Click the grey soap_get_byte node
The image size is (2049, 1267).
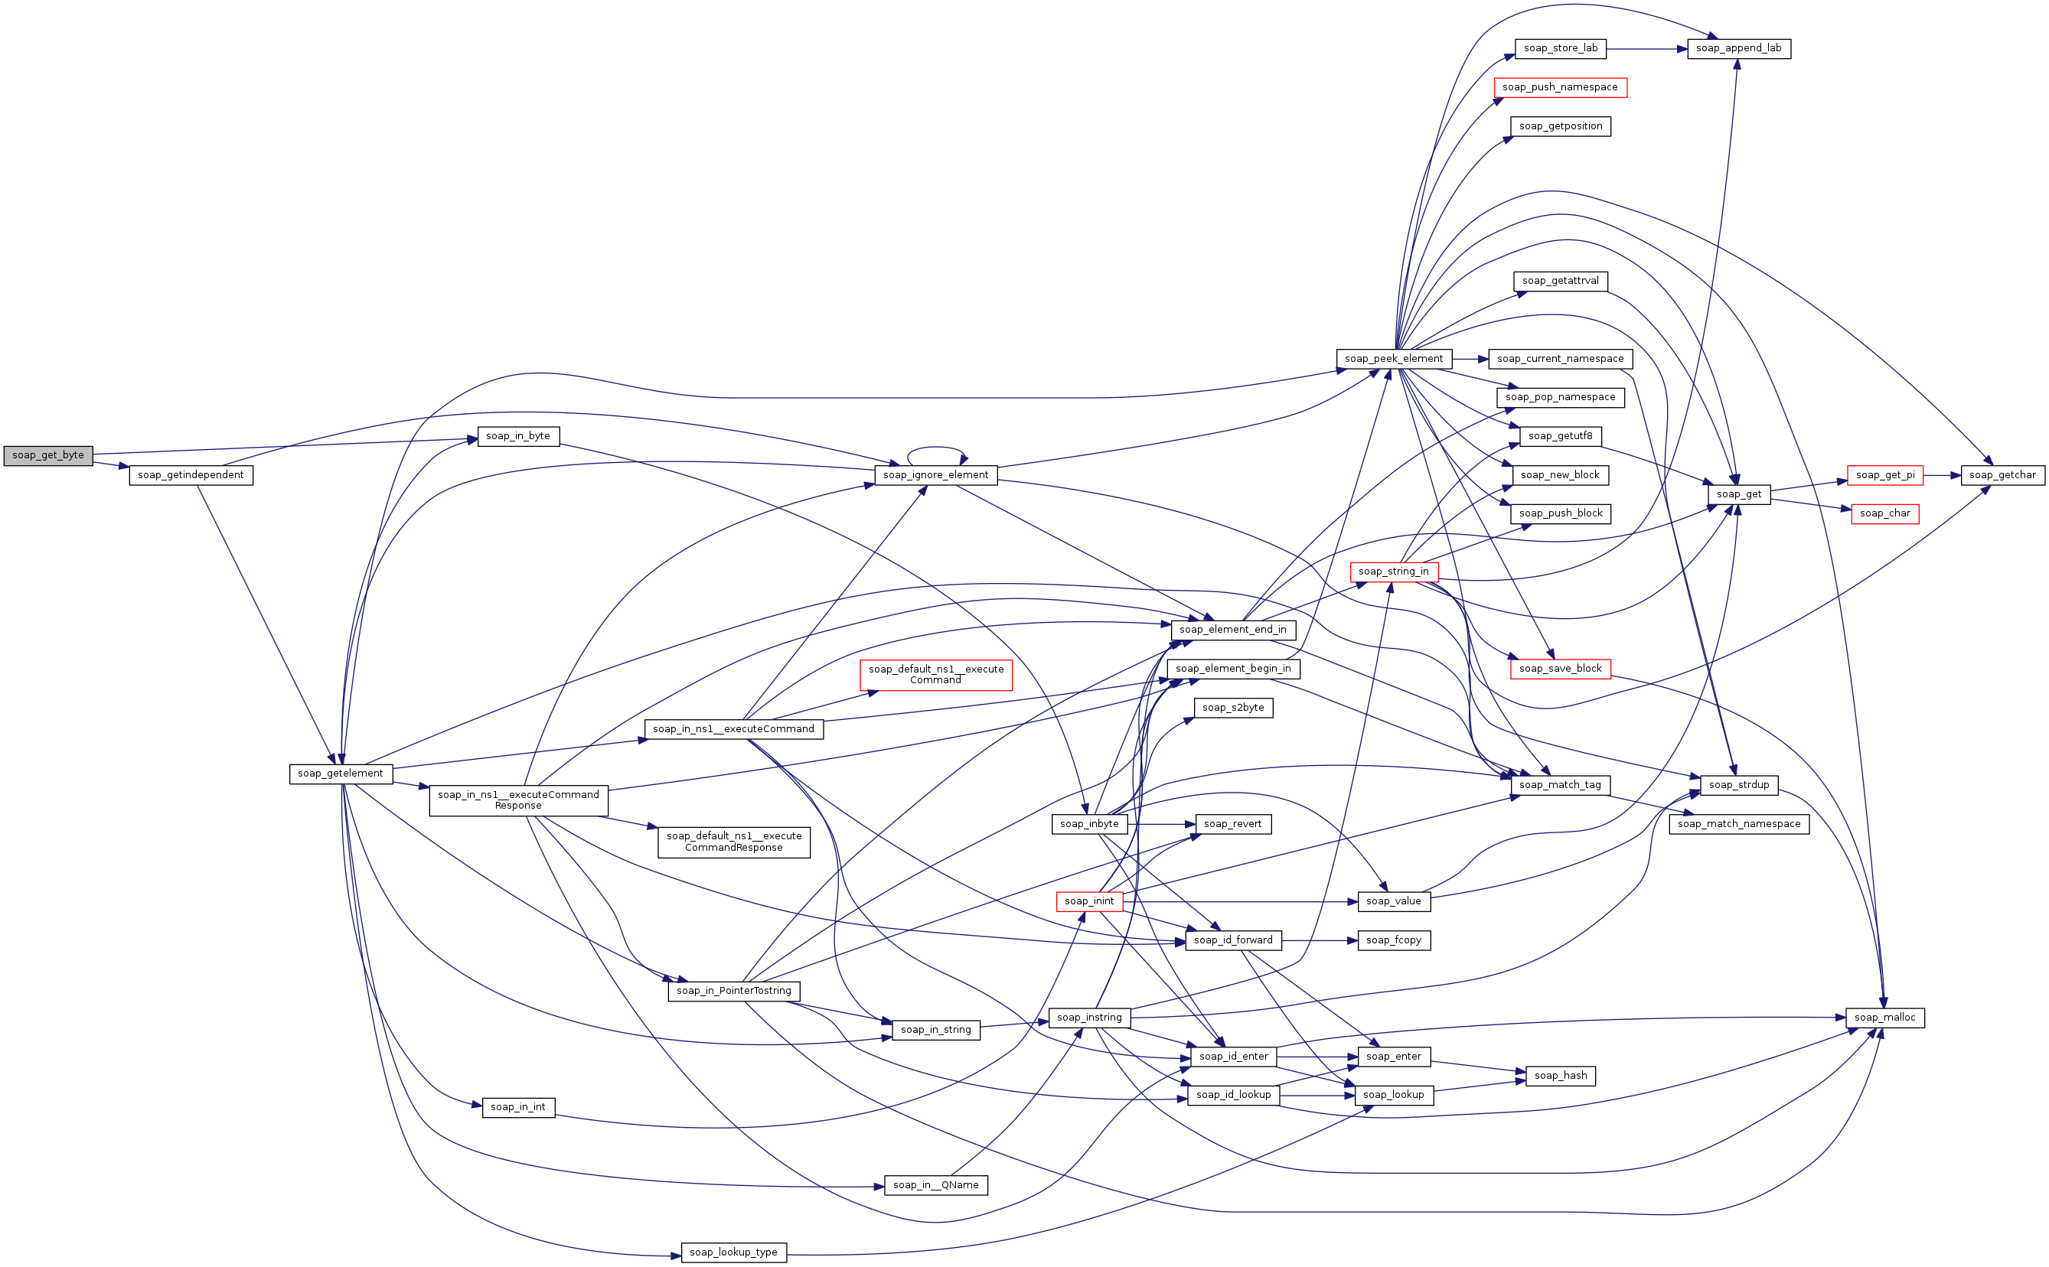(x=47, y=455)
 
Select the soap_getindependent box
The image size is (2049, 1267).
(x=191, y=475)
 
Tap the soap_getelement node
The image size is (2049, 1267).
(x=341, y=774)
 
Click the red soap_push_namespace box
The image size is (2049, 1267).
(x=1560, y=87)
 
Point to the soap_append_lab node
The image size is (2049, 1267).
(x=1738, y=49)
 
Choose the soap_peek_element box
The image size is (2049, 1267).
(x=1394, y=359)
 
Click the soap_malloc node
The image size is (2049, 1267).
(x=1884, y=1018)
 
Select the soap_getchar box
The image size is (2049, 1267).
(x=2002, y=475)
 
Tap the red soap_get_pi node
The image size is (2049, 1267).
(x=1884, y=475)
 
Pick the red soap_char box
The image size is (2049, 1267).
(x=1884, y=513)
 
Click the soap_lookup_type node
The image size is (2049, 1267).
(x=733, y=1252)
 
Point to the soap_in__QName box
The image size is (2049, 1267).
(x=935, y=1185)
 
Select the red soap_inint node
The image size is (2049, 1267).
(x=1089, y=901)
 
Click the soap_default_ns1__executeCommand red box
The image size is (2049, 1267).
(x=935, y=675)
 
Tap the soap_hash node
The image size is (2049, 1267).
(x=1560, y=1076)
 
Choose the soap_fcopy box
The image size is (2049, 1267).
(x=1393, y=940)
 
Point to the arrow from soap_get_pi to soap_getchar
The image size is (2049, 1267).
(x=1942, y=475)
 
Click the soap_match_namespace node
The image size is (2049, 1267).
(x=1738, y=824)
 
